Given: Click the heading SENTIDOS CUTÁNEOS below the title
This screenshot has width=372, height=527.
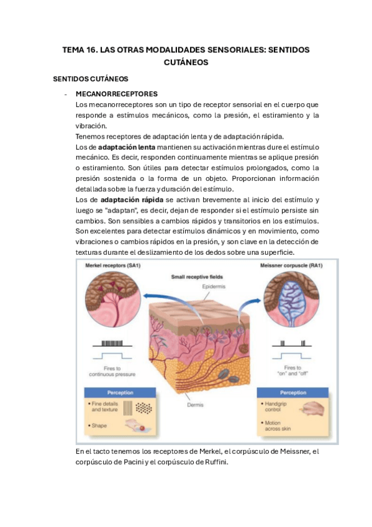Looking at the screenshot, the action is click(x=90, y=79).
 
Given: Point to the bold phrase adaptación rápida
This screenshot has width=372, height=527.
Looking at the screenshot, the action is click(x=128, y=199).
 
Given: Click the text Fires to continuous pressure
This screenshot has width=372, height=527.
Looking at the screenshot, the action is click(x=112, y=372).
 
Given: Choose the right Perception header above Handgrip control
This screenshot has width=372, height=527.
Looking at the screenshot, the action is click(x=293, y=393).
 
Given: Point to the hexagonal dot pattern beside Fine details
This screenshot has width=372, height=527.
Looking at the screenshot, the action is click(x=142, y=408).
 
